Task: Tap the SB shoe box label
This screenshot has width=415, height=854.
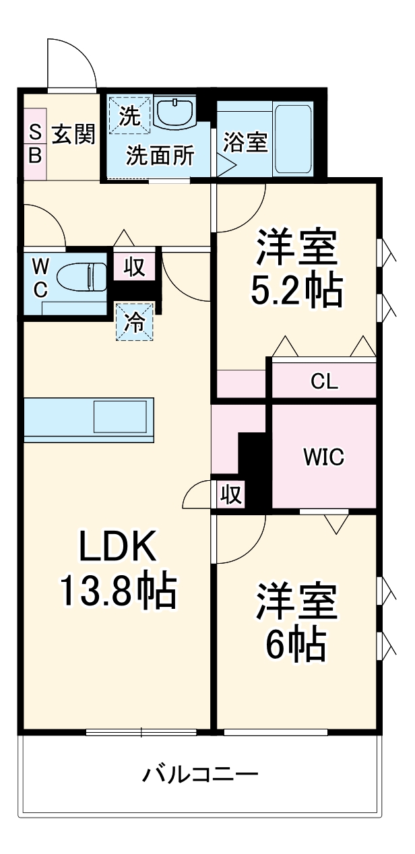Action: point(35,144)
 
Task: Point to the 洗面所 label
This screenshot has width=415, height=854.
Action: point(161,156)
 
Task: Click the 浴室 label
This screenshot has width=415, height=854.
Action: point(246,142)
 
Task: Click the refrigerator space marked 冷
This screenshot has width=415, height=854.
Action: point(135,323)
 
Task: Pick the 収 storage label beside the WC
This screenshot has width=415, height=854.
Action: point(134,267)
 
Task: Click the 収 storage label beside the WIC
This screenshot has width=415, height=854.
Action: point(230,495)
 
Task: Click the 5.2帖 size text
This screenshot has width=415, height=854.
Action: point(296,290)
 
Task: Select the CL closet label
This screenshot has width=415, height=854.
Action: point(324,382)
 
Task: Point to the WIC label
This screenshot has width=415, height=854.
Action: point(323,457)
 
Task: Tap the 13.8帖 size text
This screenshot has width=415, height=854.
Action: point(118,591)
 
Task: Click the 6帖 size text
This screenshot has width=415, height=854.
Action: point(296,645)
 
